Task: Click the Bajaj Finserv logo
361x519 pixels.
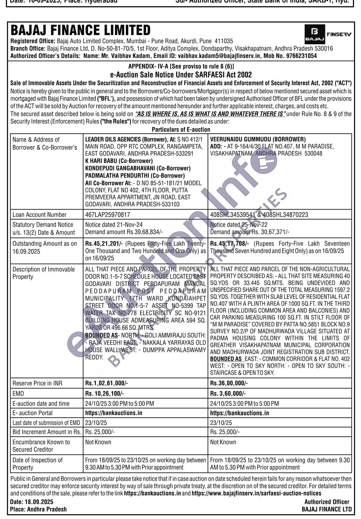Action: pyautogui.click(x=327, y=34)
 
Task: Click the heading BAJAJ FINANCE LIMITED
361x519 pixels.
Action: pyautogui.click(x=81, y=30)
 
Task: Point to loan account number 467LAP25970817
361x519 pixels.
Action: pyautogui.click(x=108, y=215)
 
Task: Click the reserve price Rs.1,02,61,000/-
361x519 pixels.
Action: pyautogui.click(x=106, y=383)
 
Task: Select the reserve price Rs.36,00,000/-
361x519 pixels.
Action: pyautogui.click(x=229, y=383)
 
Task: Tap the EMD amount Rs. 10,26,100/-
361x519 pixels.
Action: pyautogui.click(x=104, y=394)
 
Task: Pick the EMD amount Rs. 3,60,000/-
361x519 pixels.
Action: pyautogui.click(x=228, y=394)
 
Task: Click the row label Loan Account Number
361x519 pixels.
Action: pyautogui.click(x=39, y=215)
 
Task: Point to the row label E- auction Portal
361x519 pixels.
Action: pyautogui.click(x=32, y=413)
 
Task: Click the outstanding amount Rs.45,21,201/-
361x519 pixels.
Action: pyautogui.click(x=104, y=244)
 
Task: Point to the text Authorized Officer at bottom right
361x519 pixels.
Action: pyautogui.click(x=327, y=502)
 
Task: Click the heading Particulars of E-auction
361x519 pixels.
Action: pyautogui.click(x=181, y=129)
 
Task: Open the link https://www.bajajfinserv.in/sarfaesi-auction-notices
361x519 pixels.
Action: pyautogui.click(x=256, y=493)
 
